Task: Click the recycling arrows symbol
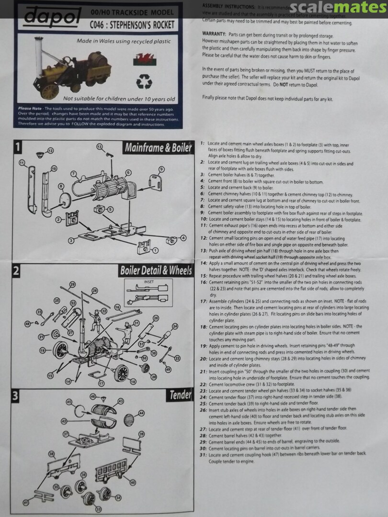[144, 82]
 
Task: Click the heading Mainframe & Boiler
[158, 148]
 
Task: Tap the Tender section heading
[180, 395]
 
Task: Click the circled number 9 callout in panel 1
[161, 169]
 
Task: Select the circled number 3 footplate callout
[70, 240]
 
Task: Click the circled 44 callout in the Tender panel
[141, 413]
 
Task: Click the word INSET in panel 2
[148, 282]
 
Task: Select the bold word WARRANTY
[214, 34]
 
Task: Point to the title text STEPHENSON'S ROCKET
[141, 24]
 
